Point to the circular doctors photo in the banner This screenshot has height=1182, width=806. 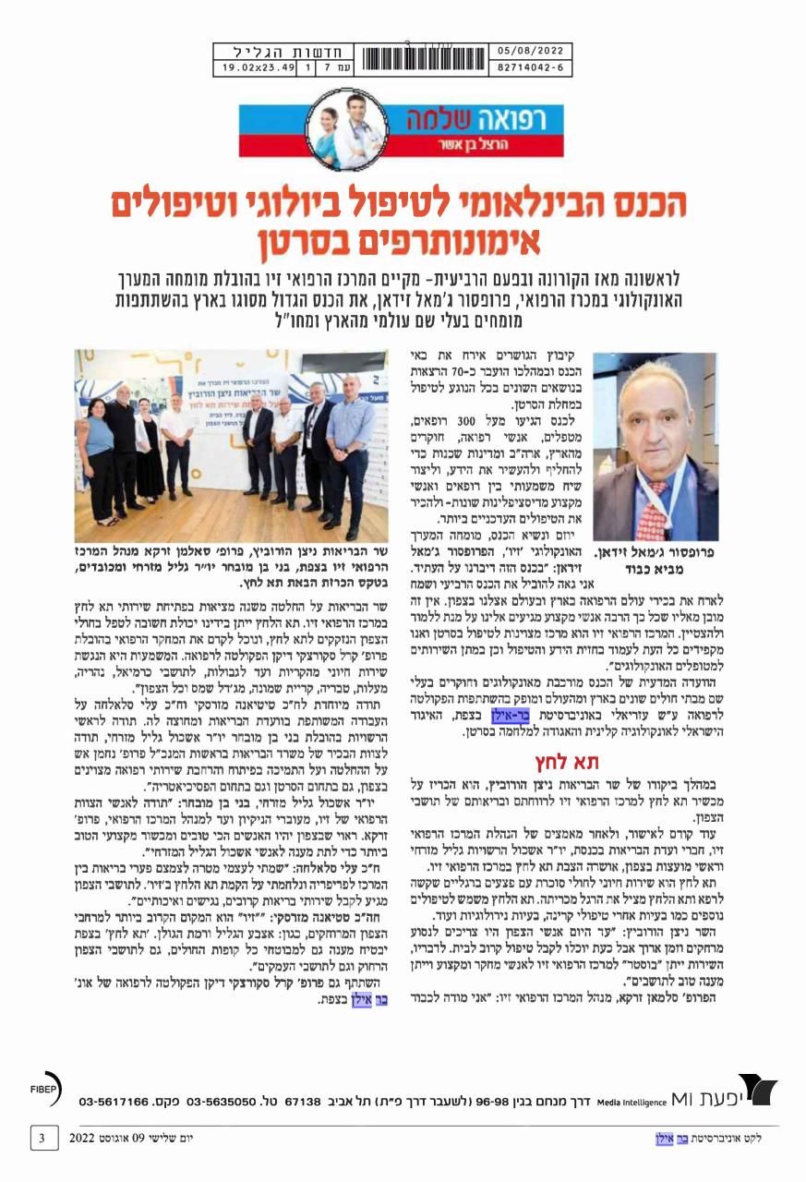click(344, 126)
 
